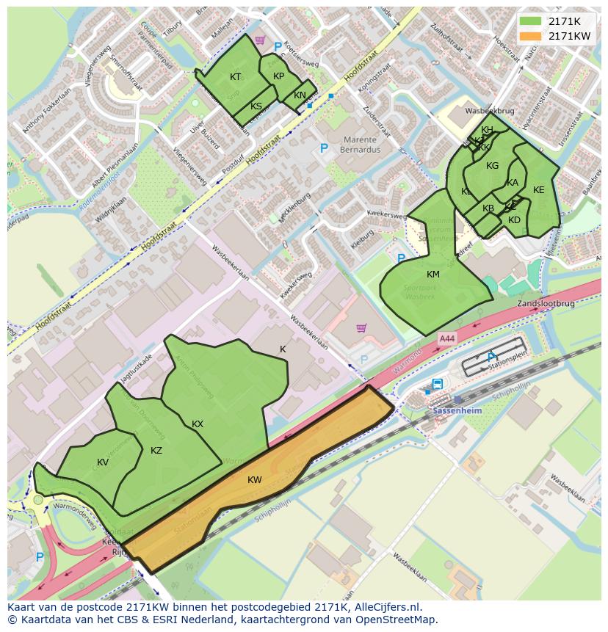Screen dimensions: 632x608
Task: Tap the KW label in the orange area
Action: coord(254,480)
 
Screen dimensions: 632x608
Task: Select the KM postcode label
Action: coord(433,275)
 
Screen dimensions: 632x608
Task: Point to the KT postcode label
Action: coord(235,77)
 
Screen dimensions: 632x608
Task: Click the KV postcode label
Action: coord(103,462)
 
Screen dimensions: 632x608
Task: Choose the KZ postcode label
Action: coord(156,451)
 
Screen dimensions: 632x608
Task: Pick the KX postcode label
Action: coord(198,424)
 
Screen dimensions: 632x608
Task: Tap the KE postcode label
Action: coord(538,190)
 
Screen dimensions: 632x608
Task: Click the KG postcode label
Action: coord(492,166)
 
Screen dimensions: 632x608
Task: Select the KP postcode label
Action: coord(278,76)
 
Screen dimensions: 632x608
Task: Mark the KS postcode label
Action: coord(256,106)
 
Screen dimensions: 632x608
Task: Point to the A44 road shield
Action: coord(446,338)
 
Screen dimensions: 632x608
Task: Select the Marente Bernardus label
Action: coord(358,145)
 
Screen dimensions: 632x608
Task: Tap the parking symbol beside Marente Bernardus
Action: coord(323,149)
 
